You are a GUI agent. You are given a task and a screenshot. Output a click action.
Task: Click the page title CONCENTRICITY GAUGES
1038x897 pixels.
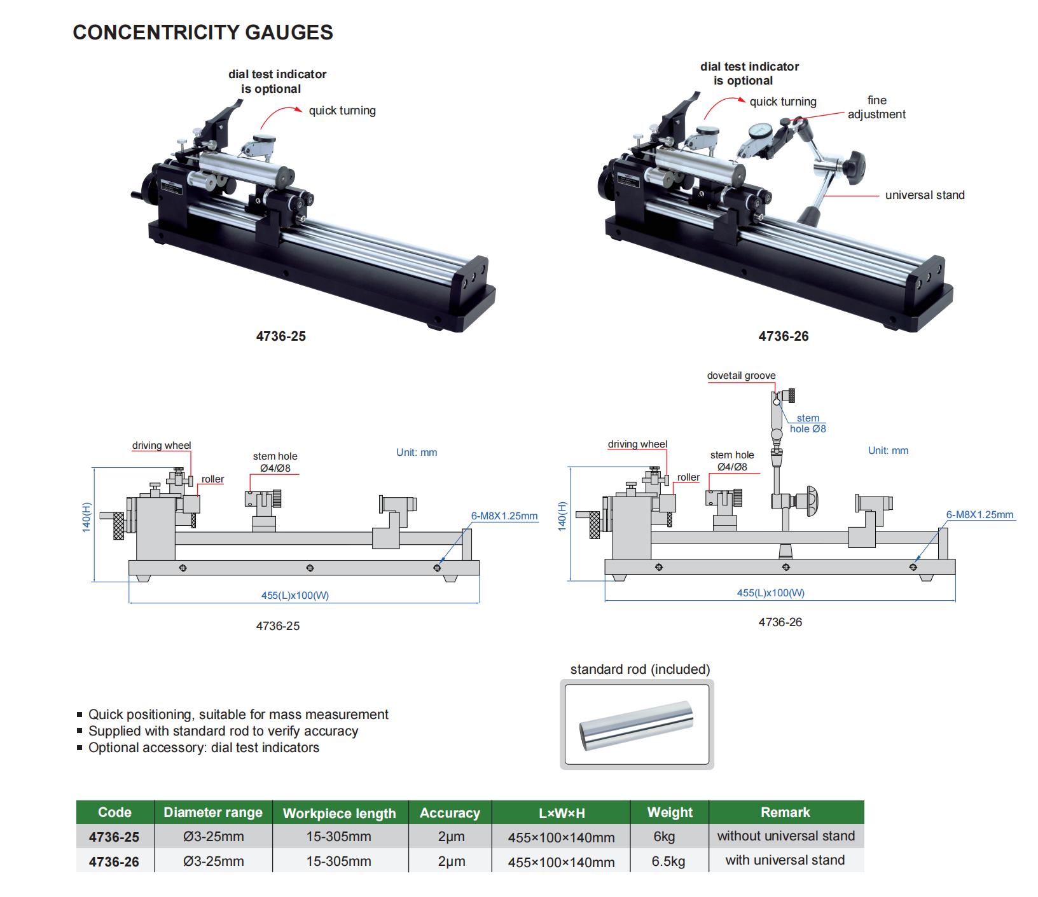point(203,32)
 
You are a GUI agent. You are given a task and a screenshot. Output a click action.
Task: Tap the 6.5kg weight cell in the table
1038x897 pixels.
point(668,861)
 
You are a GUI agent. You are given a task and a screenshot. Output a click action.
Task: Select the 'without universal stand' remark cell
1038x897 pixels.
point(785,836)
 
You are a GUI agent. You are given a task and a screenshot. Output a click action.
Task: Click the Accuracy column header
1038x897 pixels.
point(450,813)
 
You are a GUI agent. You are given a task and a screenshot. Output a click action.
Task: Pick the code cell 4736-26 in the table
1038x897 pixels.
point(114,862)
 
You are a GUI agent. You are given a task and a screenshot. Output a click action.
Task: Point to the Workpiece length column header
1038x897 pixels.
point(339,813)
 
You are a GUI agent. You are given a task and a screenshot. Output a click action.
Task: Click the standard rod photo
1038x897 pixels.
point(637,725)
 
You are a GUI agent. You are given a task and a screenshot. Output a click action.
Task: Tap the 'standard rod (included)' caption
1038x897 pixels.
point(640,669)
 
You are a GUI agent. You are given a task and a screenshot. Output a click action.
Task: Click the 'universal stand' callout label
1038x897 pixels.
point(924,195)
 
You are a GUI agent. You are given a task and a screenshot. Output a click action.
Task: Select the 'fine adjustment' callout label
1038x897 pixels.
point(876,107)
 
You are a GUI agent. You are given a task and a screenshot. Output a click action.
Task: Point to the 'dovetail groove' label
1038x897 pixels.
point(741,376)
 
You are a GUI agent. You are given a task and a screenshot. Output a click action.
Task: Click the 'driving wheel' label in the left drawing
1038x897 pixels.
point(162,445)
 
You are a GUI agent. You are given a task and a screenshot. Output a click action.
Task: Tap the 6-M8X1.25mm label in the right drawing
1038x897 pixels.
point(979,514)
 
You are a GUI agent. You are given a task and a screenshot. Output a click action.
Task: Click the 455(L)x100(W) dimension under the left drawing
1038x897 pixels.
point(295,596)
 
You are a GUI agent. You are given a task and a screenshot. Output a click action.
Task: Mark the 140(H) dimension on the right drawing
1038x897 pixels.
point(562,516)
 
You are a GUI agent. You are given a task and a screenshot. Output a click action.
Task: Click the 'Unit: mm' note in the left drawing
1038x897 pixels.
point(417,453)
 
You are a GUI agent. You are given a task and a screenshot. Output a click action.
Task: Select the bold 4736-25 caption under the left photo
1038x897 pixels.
point(280,336)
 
